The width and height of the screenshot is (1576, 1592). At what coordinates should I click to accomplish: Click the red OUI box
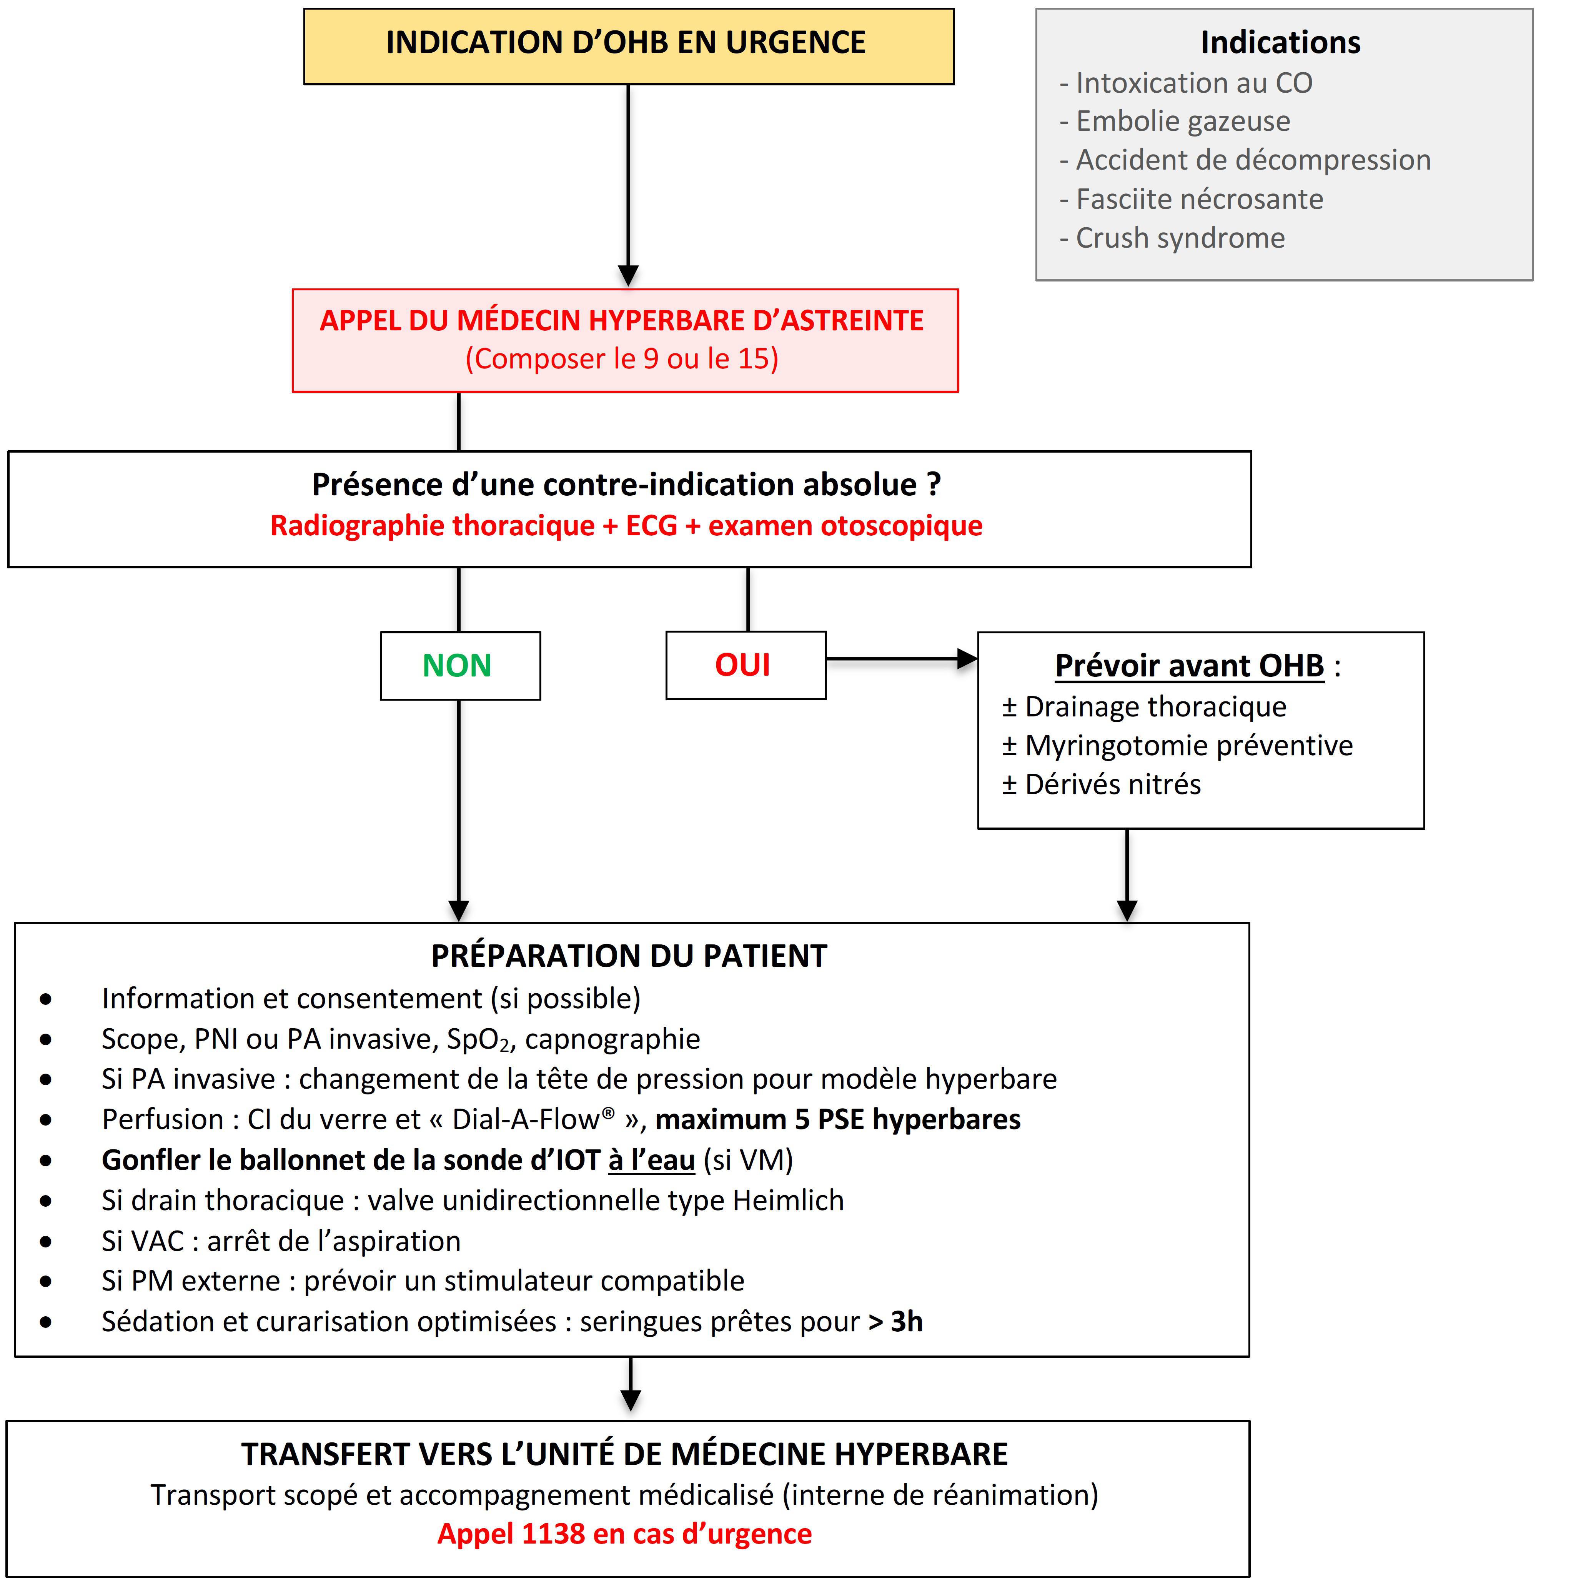(746, 665)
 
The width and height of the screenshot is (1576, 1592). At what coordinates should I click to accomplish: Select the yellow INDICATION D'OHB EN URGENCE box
(629, 46)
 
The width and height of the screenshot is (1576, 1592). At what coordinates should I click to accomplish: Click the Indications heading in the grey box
(1280, 42)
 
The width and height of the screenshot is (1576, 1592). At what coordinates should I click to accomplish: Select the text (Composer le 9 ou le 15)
(622, 358)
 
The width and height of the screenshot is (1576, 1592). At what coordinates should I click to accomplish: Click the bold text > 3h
(895, 1322)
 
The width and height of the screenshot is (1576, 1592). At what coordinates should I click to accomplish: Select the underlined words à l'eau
(652, 1160)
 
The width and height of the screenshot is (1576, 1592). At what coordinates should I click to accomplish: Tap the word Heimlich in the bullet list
(789, 1201)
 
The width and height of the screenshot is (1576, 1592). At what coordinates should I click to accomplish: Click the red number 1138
(554, 1534)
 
